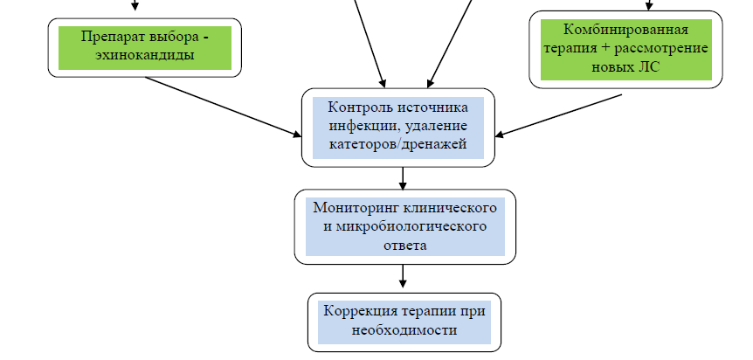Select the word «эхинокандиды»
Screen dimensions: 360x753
pyautogui.click(x=145, y=55)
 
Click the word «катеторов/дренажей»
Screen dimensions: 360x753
pyautogui.click(x=398, y=143)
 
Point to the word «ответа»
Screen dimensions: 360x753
pyautogui.click(x=404, y=245)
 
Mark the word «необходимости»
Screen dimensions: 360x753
pyautogui.click(x=404, y=330)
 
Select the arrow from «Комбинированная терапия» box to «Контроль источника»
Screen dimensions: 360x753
pyautogui.click(x=559, y=114)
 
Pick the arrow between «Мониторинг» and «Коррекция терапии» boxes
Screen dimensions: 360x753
pyautogui.click(x=403, y=276)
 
